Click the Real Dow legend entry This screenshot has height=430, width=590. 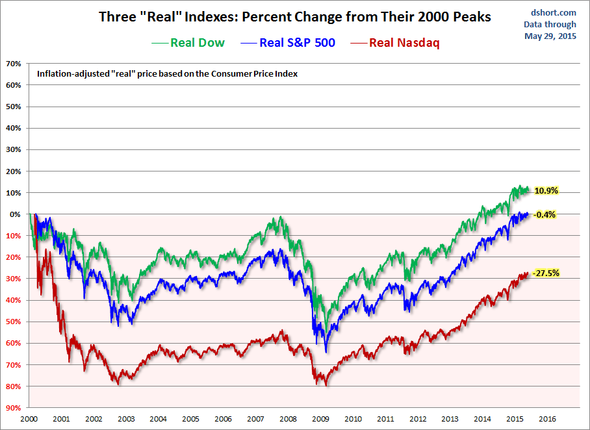[x=188, y=43]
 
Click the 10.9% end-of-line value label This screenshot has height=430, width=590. [x=546, y=191]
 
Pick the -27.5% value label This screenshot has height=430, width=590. [x=546, y=273]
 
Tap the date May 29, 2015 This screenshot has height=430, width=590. [x=550, y=36]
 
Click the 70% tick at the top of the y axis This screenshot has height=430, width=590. [x=14, y=64]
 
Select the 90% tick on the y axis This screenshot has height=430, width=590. [x=14, y=408]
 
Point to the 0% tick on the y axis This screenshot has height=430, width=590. [x=16, y=214]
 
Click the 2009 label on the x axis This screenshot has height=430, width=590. [x=320, y=419]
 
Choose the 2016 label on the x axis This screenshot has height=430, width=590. [x=547, y=419]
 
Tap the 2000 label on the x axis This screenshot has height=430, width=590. [x=29, y=419]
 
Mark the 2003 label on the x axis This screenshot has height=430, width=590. [x=126, y=419]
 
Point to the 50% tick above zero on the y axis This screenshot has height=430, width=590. [x=14, y=107]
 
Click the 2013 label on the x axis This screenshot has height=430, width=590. [x=450, y=419]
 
